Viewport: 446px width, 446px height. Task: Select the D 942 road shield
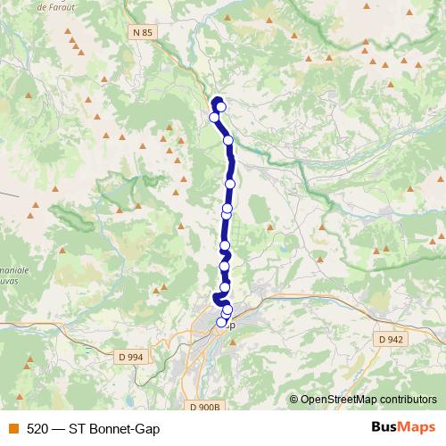(391, 339)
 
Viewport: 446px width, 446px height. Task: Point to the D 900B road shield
(204, 408)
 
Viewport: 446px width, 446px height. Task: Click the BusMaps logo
(403, 427)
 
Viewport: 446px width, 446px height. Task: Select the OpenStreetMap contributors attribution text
(368, 400)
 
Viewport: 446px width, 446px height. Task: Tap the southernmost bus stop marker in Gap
(222, 323)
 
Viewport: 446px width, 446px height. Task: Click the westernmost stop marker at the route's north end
(214, 117)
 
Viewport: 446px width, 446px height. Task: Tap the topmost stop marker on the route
(220, 107)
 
